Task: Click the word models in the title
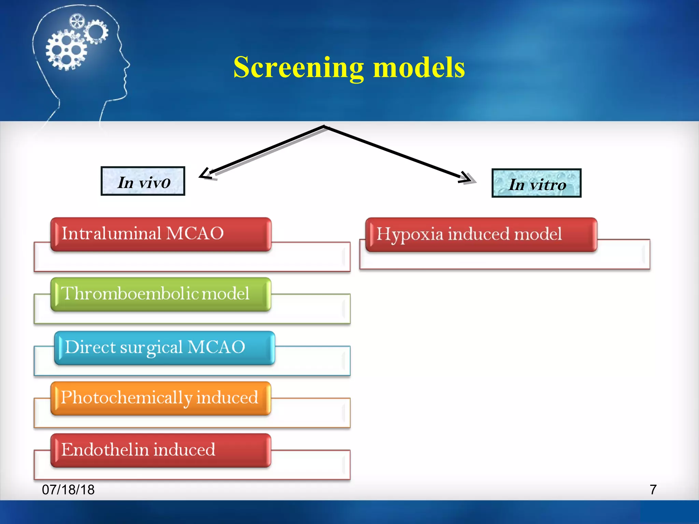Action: point(419,67)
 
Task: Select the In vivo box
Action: point(143,181)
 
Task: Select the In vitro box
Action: point(536,183)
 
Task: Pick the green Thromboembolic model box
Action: point(161,294)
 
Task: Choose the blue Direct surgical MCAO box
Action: point(164,348)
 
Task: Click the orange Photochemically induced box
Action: point(161,398)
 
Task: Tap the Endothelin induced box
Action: point(161,450)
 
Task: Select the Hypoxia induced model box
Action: point(481,235)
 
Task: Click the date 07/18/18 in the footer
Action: point(68,490)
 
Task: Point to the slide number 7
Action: point(653,490)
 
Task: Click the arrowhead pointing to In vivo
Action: point(205,174)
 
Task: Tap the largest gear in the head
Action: point(66,50)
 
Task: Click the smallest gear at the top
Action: point(76,21)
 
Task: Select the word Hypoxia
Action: point(410,235)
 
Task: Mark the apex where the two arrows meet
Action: point(324,127)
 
